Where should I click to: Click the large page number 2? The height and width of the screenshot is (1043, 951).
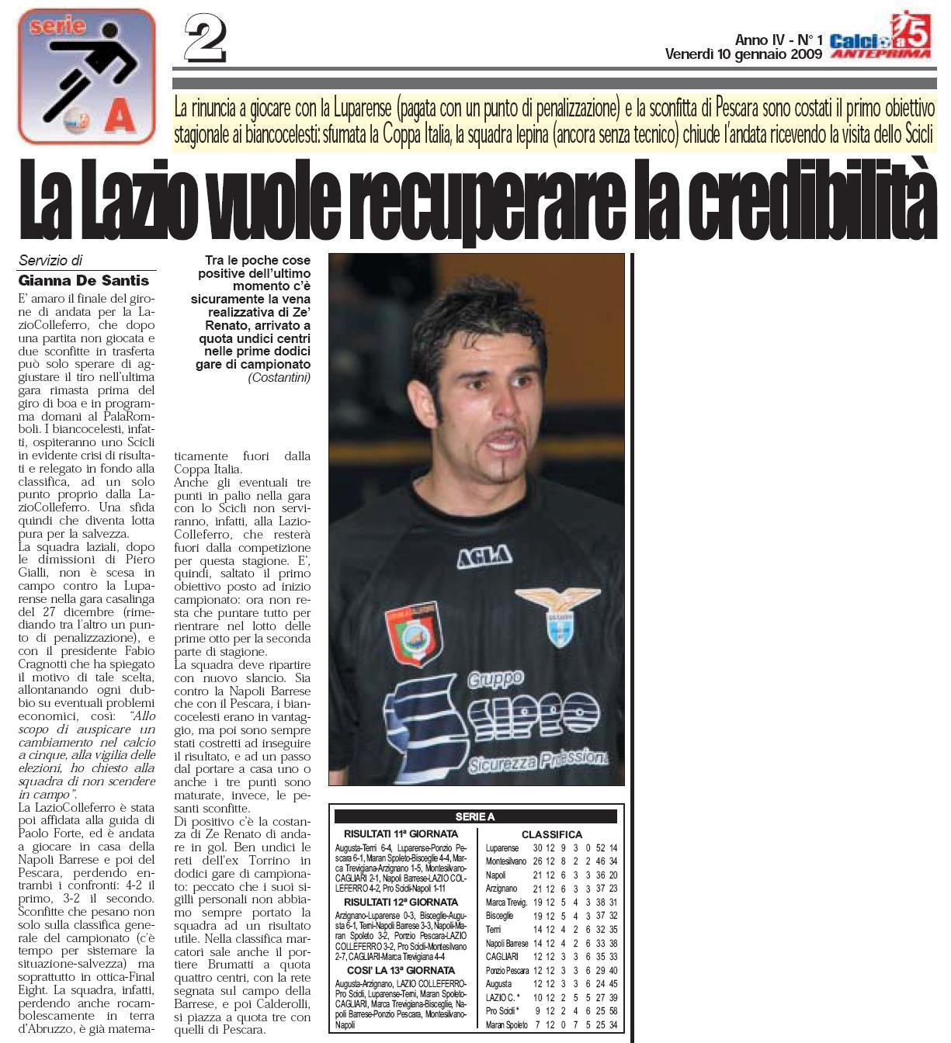[205, 40]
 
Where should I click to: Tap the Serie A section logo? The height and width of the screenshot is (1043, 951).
[87, 76]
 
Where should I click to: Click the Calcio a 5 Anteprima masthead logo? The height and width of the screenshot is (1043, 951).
[880, 36]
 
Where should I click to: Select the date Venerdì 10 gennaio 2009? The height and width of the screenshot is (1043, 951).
[743, 54]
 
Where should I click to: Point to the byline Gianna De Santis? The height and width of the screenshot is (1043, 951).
[84, 280]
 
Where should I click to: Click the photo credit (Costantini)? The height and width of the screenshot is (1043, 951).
[279, 378]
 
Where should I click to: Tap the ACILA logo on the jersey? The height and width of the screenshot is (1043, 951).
[484, 555]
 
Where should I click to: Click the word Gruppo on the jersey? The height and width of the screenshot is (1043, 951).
[495, 679]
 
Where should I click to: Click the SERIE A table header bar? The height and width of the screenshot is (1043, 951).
[475, 816]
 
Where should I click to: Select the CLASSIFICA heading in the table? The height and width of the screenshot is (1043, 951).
[551, 834]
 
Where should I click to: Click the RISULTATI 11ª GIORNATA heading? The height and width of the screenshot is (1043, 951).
[401, 833]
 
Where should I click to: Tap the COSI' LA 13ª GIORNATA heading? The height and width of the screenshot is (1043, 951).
[401, 970]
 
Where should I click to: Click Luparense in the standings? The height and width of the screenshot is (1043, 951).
[502, 848]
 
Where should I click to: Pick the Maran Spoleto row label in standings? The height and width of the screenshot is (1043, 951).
[507, 1025]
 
